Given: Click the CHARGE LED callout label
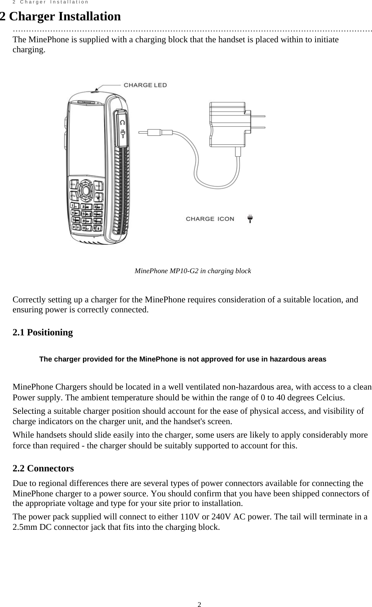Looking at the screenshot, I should (x=145, y=85).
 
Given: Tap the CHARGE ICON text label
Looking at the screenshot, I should (x=210, y=219).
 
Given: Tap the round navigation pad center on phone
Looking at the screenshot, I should (x=86, y=190).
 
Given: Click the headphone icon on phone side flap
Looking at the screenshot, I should (x=122, y=123).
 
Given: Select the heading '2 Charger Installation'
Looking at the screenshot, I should (x=60, y=17).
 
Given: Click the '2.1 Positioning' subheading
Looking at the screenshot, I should (x=43, y=332).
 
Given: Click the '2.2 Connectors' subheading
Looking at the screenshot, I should (x=43, y=468).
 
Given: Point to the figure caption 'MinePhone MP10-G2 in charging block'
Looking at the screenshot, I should (x=193, y=271).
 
